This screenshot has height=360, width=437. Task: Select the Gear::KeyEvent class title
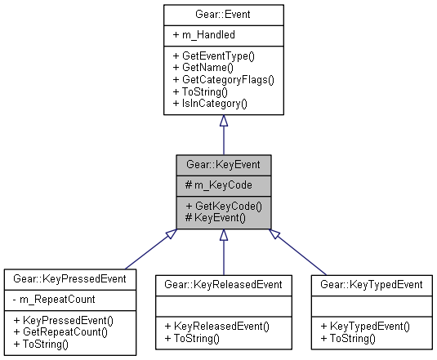click(223, 163)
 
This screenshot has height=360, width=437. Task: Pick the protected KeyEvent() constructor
click(216, 217)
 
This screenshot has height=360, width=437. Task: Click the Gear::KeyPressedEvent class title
click(69, 279)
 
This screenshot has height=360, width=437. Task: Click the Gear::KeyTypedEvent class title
click(372, 284)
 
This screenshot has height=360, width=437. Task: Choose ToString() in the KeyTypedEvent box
click(352, 337)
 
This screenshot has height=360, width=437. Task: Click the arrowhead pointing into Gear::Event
click(223, 121)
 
